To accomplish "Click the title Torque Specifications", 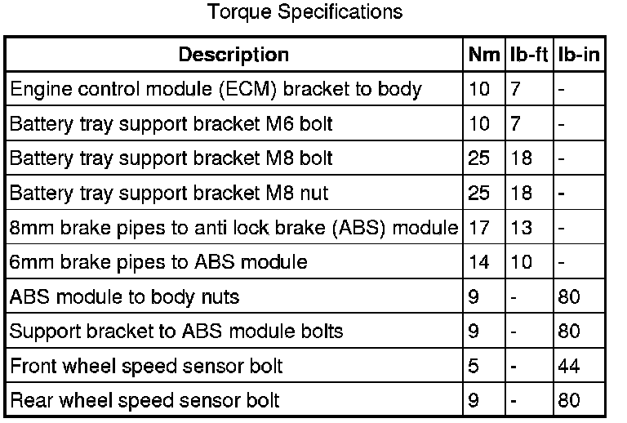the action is click(305, 11).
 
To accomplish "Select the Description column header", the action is click(233, 55).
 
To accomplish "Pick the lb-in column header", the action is click(579, 55).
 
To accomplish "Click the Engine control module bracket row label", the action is click(216, 89).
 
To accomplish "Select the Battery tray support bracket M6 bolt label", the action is click(171, 124).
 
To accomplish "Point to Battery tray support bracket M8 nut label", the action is click(169, 194).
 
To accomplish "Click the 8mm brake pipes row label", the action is click(233, 228).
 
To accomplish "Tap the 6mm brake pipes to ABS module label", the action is click(158, 262).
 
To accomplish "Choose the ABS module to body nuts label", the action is click(124, 296).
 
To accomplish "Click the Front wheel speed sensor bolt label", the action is click(146, 365).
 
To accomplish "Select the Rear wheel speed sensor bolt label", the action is click(145, 400).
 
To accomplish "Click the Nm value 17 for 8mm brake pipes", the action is click(480, 228).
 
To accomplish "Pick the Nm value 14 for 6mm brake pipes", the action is click(480, 262).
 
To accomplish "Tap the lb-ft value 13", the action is click(522, 228).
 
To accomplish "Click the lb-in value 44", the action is click(570, 365).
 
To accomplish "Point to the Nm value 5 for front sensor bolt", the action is click(474, 365).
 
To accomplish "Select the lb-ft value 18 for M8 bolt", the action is click(522, 158).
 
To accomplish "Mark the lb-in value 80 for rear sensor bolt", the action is click(570, 400).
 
